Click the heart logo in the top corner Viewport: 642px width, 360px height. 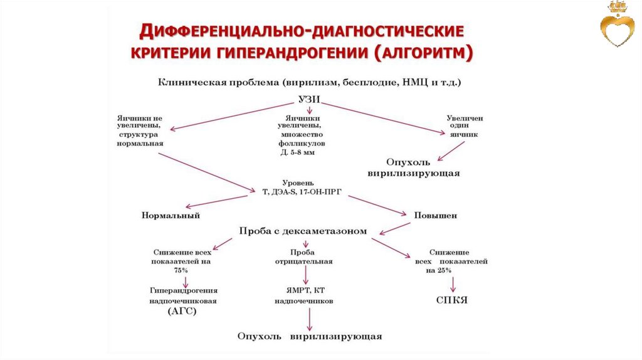click(617, 28)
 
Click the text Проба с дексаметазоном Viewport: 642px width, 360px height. click(303, 231)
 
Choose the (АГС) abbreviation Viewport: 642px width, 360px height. click(182, 311)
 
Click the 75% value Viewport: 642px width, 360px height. click(181, 270)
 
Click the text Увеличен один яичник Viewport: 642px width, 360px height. click(465, 126)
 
